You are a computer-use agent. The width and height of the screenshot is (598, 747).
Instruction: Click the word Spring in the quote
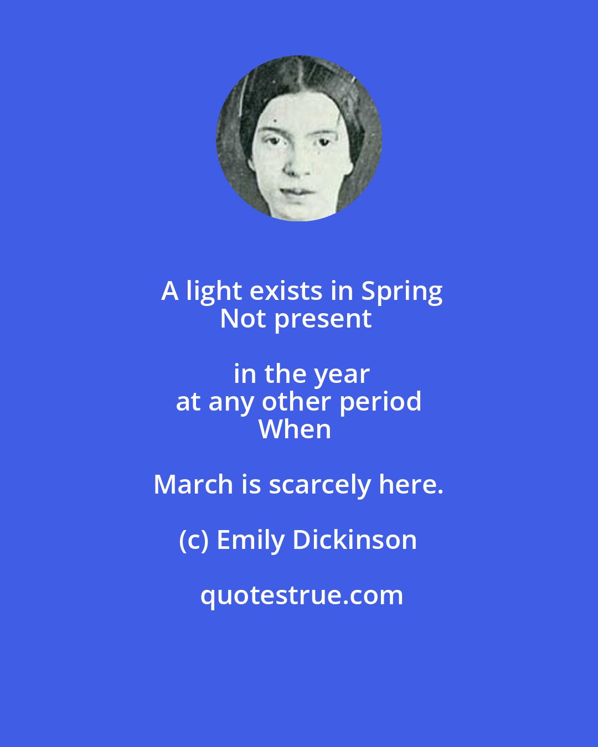402,292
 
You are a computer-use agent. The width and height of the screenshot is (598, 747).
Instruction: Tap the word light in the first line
214,291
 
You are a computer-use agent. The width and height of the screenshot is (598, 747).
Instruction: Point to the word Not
243,319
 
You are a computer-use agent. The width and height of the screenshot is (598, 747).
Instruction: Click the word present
323,320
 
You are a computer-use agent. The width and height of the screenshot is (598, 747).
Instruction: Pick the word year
343,375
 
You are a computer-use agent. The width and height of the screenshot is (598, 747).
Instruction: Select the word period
380,403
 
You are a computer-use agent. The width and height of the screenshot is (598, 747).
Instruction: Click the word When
295,429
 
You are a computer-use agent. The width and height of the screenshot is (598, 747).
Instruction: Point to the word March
193,485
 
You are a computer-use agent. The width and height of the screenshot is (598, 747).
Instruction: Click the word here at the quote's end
410,485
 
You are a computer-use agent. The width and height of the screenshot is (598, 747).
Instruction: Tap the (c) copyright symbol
193,541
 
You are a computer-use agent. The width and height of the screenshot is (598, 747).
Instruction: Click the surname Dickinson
354,540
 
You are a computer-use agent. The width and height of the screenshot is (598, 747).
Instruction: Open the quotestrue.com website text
301,596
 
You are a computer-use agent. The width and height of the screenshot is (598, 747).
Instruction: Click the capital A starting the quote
170,292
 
